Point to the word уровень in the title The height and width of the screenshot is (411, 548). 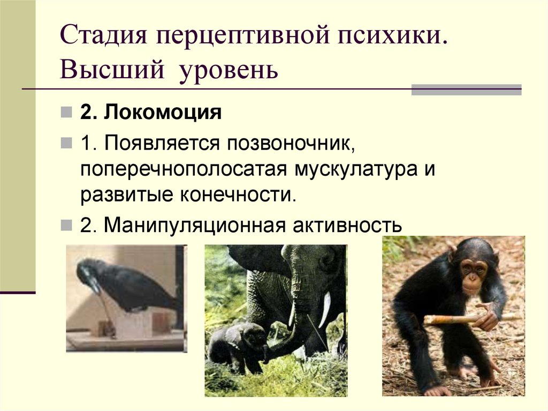tap(226, 70)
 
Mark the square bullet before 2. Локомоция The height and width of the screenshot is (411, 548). tap(65, 114)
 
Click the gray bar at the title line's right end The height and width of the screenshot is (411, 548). tap(466, 89)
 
